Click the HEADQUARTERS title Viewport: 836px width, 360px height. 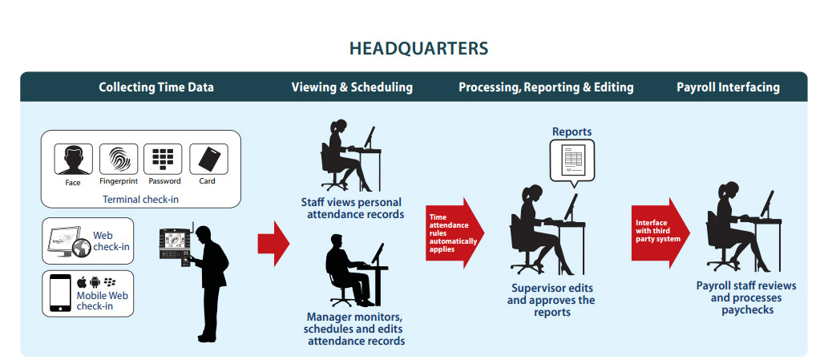pos(418,49)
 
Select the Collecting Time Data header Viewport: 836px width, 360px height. pos(156,87)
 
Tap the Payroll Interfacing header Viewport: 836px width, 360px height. pos(728,87)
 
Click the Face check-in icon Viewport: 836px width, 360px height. pos(73,159)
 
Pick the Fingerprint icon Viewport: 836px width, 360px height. pos(119,159)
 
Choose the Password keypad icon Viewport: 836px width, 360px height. pos(164,159)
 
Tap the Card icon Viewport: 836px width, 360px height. pos(208,159)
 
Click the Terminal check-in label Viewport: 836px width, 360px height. pos(141,200)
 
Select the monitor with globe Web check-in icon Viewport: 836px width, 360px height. pos(67,241)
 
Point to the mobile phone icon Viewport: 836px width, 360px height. pos(60,293)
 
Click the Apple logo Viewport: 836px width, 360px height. pos(82,281)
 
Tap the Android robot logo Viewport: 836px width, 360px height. pos(95,282)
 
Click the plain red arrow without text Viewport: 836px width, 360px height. pos(273,243)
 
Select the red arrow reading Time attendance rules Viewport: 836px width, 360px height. pos(454,233)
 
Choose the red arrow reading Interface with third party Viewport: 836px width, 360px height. pos(660,233)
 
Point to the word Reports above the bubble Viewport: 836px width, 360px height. pos(572,131)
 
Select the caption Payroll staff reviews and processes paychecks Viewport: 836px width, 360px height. pos(746,297)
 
